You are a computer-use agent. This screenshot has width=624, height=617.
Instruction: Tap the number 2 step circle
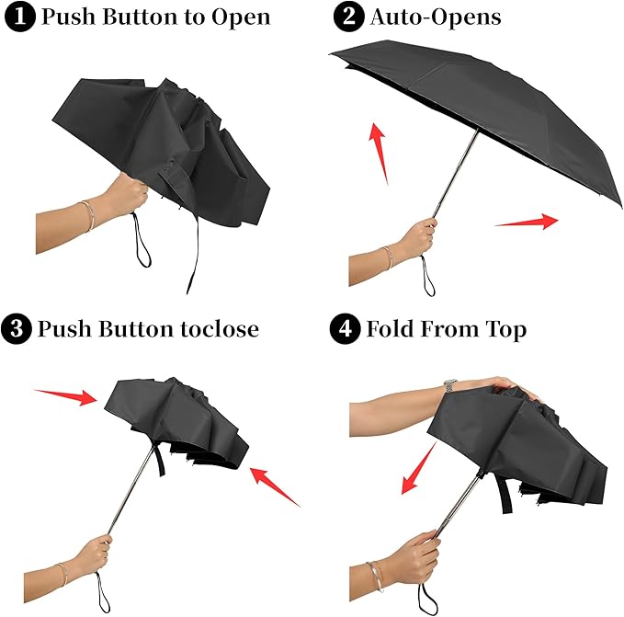[348, 17]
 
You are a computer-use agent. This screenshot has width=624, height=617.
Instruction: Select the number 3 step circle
[17, 328]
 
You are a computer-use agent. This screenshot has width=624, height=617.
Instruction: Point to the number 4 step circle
[348, 328]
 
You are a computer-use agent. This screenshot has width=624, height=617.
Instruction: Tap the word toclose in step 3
[218, 328]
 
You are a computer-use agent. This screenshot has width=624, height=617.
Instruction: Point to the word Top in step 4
[505, 328]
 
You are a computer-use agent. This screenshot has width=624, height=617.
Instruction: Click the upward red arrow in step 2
[376, 152]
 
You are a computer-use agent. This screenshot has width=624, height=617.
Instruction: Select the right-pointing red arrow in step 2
[527, 222]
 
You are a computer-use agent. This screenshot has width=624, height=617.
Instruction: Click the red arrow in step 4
[418, 468]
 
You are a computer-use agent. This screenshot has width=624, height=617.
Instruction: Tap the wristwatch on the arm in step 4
[449, 385]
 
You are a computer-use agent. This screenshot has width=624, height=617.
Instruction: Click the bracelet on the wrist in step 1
[86, 216]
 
